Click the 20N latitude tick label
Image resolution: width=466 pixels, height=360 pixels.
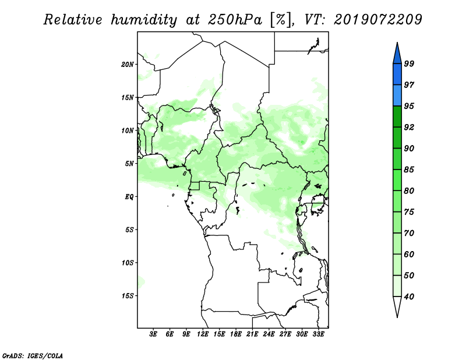(128, 65)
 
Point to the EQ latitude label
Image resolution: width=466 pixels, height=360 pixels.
(129, 197)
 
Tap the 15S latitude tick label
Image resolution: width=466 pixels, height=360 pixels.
(128, 296)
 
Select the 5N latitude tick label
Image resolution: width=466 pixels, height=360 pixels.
(129, 164)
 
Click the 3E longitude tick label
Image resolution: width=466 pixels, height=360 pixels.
(153, 334)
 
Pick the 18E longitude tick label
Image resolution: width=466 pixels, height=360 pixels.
(236, 334)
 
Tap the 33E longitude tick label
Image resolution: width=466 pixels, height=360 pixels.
(318, 334)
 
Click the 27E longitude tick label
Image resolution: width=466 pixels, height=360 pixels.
(285, 334)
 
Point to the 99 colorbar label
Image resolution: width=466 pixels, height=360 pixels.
(409, 63)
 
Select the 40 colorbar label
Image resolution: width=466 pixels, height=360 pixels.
(409, 297)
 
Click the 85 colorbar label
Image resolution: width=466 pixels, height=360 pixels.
(409, 170)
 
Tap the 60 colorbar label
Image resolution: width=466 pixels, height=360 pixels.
(409, 254)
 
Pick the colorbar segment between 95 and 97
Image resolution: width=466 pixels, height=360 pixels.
(397, 96)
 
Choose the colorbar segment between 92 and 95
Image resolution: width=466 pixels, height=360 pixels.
(397, 117)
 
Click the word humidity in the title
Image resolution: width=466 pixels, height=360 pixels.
(144, 20)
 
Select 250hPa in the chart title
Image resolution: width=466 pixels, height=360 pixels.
(235, 20)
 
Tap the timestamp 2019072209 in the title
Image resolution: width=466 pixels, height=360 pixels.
(377, 20)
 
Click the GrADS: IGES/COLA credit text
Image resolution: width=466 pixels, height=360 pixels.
(33, 356)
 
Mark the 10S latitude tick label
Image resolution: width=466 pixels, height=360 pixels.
(128, 263)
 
